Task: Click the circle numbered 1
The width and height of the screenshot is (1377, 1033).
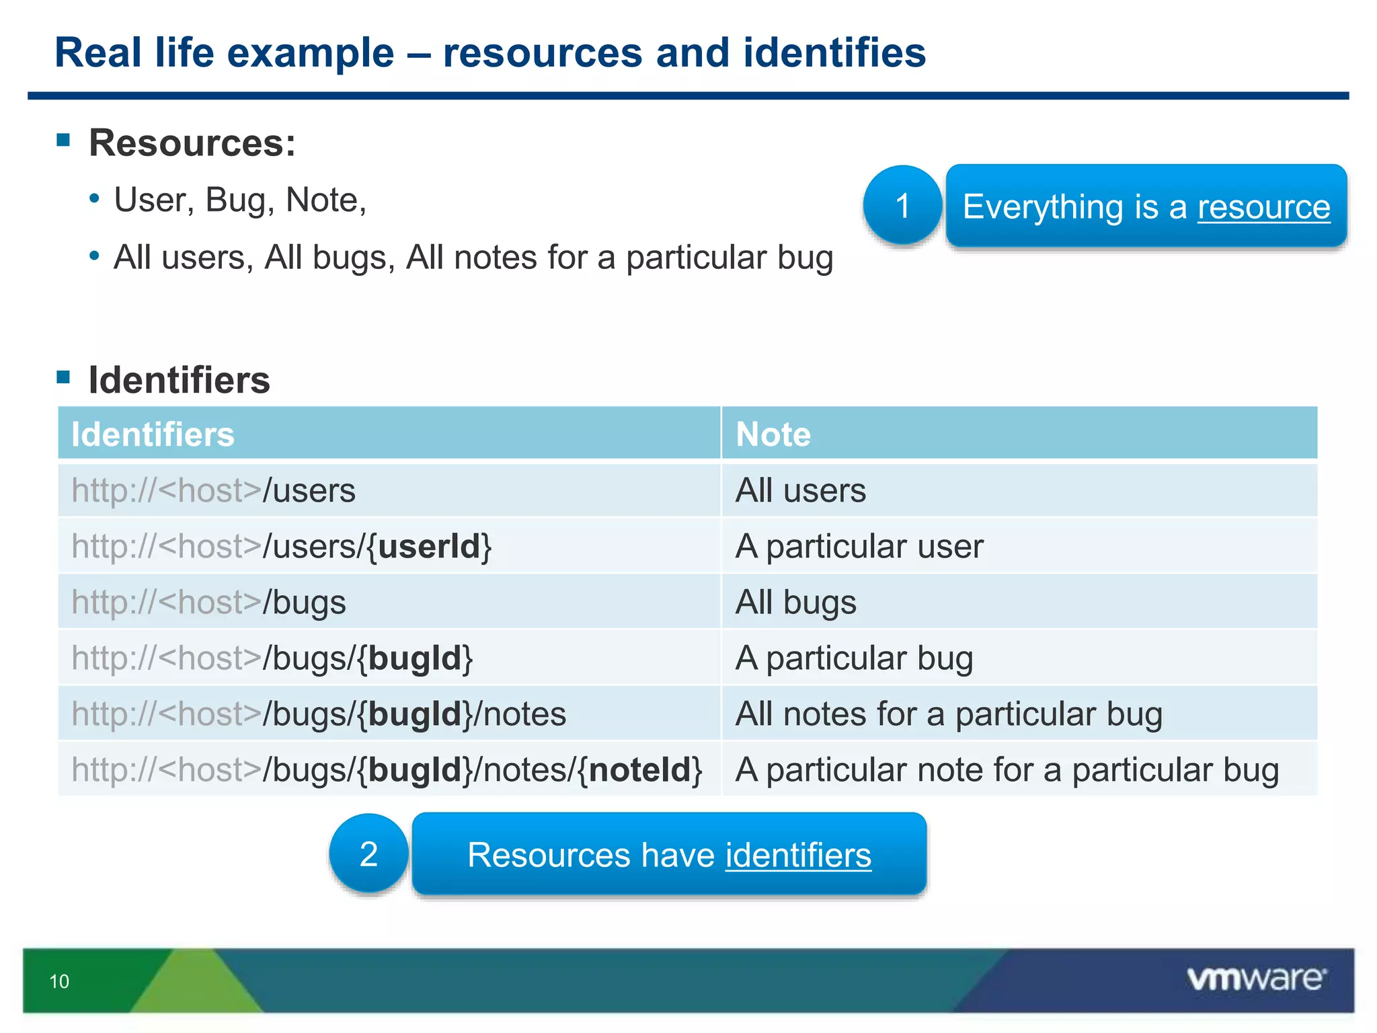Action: point(902,206)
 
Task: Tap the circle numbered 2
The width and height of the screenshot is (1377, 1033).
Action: point(368,854)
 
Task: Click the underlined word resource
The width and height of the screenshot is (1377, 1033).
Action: point(1263,206)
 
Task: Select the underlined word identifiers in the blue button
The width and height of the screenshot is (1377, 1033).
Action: point(798,855)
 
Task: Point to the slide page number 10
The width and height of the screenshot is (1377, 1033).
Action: point(59,982)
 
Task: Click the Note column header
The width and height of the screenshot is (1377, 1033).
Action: point(773,434)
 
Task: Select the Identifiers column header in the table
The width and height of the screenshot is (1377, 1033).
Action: point(153,434)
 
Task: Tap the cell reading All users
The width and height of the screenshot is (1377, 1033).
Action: point(800,490)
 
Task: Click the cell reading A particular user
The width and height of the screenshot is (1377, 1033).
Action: point(859,546)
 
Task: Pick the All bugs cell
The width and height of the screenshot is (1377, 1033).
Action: point(796,602)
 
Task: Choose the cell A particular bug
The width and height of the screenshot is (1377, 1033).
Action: point(854,658)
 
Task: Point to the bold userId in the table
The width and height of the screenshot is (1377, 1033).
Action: point(429,546)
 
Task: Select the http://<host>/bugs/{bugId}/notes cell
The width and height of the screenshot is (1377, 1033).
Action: point(319,714)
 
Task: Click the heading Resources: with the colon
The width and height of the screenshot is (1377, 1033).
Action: point(192,143)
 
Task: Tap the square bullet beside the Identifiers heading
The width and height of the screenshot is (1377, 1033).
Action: point(64,377)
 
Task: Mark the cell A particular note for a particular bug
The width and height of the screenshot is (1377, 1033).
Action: point(1007,770)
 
